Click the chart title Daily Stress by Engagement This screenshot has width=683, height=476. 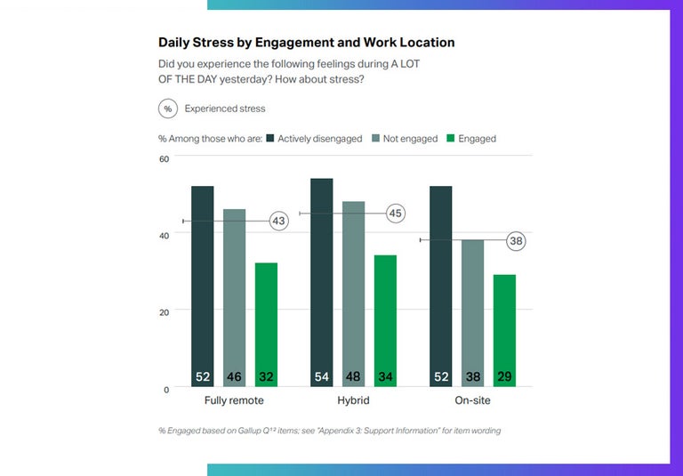click(x=306, y=42)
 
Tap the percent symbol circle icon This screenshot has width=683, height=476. click(x=167, y=109)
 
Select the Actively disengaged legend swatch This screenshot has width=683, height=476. click(x=269, y=139)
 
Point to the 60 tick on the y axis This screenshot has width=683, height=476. click(x=164, y=158)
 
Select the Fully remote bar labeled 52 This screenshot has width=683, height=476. click(x=203, y=285)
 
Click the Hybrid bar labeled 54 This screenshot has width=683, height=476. click(x=321, y=281)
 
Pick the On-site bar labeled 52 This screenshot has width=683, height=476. click(x=441, y=285)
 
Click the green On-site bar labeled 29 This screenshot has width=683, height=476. click(x=504, y=329)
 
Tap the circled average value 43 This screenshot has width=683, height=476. click(x=278, y=221)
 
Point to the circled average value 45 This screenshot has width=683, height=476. click(x=396, y=214)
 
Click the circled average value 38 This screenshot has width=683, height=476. click(x=516, y=240)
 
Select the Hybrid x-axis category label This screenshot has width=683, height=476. click(x=353, y=401)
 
